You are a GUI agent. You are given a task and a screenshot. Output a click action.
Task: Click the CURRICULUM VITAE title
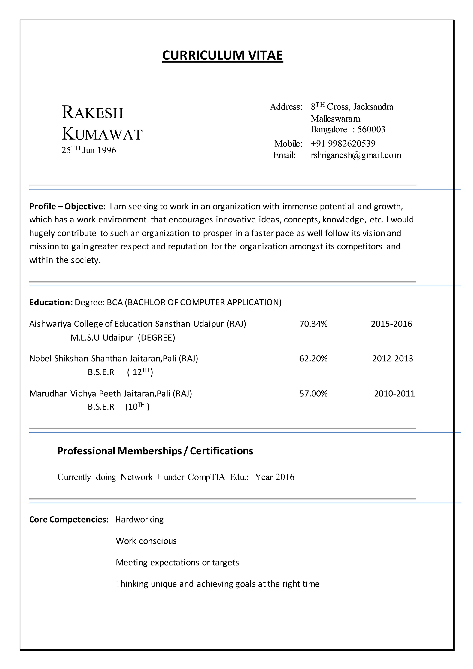point(222,55)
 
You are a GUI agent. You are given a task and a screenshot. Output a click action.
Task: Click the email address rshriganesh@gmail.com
point(356,155)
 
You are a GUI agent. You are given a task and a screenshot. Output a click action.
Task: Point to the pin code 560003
point(371,129)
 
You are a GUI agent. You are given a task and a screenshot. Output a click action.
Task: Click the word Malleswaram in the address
point(335,119)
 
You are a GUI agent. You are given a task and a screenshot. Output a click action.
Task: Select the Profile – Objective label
point(67,207)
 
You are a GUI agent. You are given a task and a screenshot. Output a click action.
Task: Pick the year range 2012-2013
point(392,358)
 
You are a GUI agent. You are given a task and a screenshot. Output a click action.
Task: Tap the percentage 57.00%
point(313,394)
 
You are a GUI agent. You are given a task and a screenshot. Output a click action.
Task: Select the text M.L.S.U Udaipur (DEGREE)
point(123,338)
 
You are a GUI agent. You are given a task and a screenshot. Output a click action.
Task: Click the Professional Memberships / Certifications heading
point(155,451)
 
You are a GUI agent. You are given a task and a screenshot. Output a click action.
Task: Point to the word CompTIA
point(206,477)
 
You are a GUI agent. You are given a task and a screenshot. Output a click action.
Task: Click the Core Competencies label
point(69,520)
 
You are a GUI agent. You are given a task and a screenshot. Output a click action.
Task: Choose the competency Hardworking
point(139,520)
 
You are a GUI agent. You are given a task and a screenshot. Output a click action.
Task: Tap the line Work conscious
point(146,541)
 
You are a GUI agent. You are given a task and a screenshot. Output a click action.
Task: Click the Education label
point(51,302)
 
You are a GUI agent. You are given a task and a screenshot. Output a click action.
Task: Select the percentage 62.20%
point(313,358)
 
